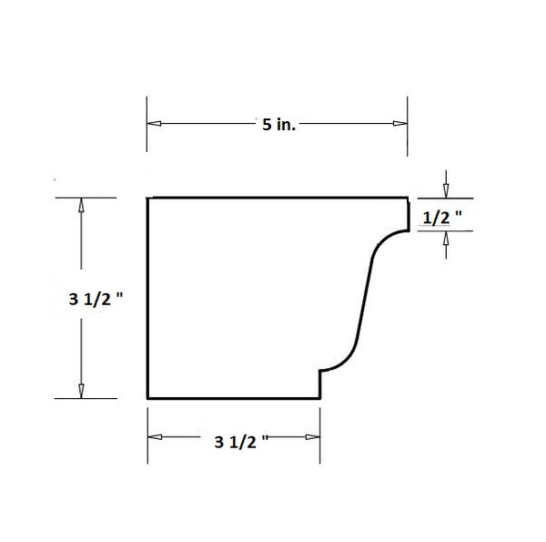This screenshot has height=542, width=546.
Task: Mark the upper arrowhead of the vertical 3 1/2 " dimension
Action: click(x=82, y=205)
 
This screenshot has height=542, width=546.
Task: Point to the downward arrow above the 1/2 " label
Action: click(x=446, y=189)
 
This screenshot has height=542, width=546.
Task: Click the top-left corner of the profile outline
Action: click(x=148, y=197)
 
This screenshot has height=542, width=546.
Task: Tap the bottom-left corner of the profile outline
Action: click(x=148, y=398)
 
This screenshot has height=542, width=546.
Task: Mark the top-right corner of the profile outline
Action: click(x=407, y=197)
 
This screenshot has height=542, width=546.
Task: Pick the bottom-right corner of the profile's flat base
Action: click(x=319, y=398)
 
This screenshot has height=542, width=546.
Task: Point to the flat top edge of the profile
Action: click(x=273, y=197)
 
